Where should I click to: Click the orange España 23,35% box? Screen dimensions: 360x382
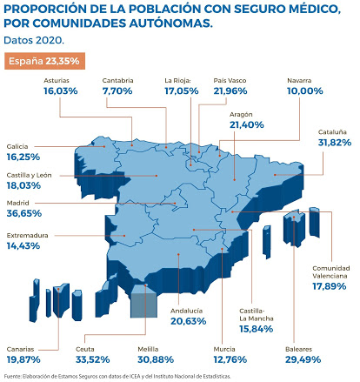pos(44,61)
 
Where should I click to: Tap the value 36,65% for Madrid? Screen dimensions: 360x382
pos(24,213)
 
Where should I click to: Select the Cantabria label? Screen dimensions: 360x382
pos(117,80)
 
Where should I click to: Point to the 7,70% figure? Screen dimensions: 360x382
pos(117,91)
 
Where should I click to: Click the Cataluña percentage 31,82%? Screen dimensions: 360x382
pos(335,143)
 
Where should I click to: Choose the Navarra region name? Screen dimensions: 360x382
pos(299,80)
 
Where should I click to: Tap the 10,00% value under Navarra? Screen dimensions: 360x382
pos(305,91)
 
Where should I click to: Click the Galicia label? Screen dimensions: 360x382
pos(17,146)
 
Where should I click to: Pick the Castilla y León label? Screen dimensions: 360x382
pos(29,175)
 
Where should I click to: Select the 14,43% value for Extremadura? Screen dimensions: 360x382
pos(23,246)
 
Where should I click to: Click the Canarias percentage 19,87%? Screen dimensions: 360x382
pos(23,359)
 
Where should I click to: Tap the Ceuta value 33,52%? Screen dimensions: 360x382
pos(93,359)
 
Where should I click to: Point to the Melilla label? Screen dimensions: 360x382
pos(148,349)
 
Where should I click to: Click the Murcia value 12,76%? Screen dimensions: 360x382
pos(230,359)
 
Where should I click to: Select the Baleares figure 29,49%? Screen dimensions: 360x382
pos(303,359)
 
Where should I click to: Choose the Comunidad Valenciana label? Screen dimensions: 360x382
pos(331,271)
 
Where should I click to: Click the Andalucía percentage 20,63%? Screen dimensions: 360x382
pos(189,321)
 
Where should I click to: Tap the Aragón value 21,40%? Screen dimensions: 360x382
pos(247,125)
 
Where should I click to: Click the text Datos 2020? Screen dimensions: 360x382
pos(34,40)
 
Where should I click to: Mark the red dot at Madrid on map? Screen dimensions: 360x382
pos(175,203)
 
